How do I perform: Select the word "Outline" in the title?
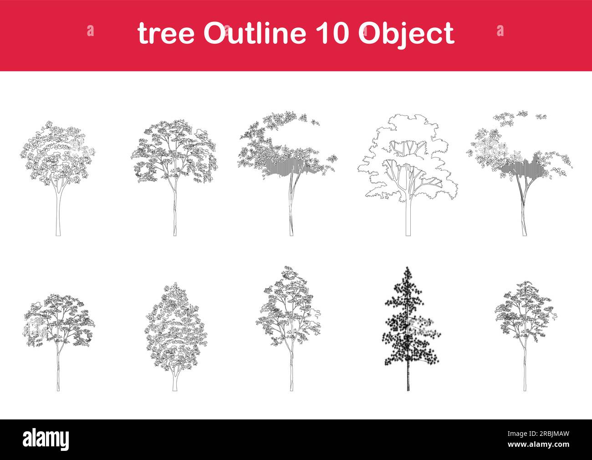point(254,33)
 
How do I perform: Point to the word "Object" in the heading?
point(407,34)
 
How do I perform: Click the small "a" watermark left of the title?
point(90,31)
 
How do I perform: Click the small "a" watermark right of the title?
point(500,31)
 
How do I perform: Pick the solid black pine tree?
point(408,324)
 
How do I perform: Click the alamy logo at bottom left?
point(46,439)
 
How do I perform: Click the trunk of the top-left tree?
point(58,214)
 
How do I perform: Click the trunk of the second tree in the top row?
point(174,214)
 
